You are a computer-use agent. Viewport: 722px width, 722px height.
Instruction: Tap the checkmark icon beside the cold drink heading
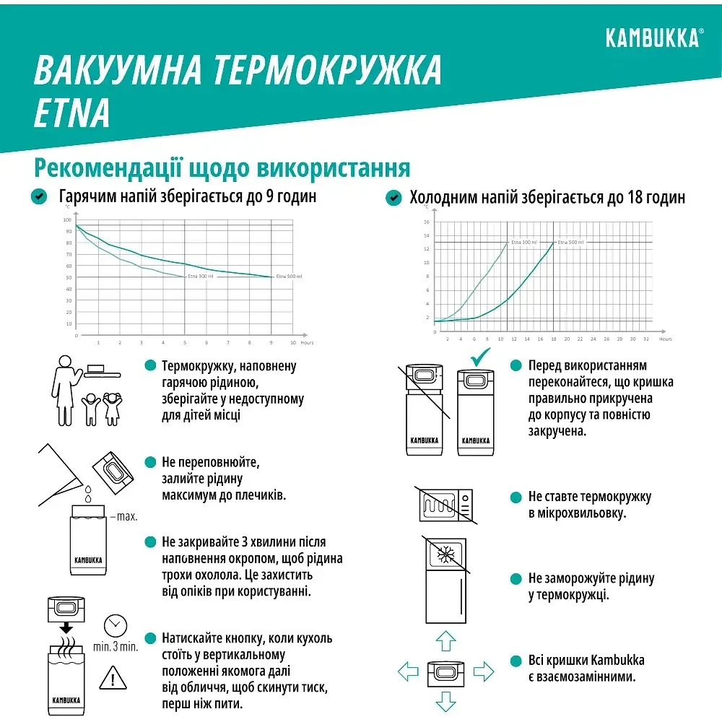click(394, 197)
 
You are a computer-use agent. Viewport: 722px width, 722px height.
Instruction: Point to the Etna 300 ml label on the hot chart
click(200, 277)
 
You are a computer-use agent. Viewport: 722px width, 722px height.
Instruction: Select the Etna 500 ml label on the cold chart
click(570, 242)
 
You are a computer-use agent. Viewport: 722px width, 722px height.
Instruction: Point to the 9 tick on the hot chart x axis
click(271, 342)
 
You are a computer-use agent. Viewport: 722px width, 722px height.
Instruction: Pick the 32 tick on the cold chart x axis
click(646, 339)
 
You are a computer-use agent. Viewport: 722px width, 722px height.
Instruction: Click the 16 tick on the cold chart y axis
click(426, 222)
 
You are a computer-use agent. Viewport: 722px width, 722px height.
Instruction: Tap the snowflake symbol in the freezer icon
click(446, 556)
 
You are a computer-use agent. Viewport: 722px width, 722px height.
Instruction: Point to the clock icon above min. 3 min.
click(113, 625)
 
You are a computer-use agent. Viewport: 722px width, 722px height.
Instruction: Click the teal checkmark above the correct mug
click(479, 357)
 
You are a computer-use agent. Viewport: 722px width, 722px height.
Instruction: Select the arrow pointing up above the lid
click(446, 640)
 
